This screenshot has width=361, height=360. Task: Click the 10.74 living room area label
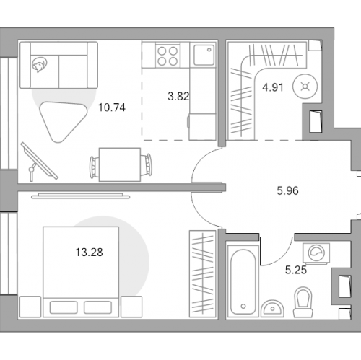[x=112, y=107]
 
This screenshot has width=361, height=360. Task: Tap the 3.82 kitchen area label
[x=178, y=96]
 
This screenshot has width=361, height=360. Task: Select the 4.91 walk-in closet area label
[x=273, y=87]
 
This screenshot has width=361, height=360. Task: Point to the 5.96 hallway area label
[x=287, y=190]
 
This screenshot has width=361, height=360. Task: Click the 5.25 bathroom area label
[x=296, y=270]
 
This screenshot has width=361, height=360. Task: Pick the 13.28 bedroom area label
[x=89, y=253]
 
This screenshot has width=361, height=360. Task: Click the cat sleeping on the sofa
[x=39, y=65]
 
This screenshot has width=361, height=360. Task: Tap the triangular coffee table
[x=63, y=120]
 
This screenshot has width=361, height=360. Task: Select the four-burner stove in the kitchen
[x=168, y=56]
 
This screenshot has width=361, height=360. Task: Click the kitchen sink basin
[x=204, y=55]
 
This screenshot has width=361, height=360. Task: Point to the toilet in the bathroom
[x=303, y=302]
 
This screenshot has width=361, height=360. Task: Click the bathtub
[x=243, y=281]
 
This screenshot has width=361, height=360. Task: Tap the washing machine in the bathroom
[x=316, y=253]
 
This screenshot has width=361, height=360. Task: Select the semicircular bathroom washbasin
[x=273, y=309]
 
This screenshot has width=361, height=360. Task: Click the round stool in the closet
[x=305, y=87]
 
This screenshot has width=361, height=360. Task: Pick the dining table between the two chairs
[x=120, y=164]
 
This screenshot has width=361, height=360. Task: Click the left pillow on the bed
[x=64, y=307]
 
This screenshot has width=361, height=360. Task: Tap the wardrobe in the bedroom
[x=202, y=274]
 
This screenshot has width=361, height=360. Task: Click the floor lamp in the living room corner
[x=38, y=162]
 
